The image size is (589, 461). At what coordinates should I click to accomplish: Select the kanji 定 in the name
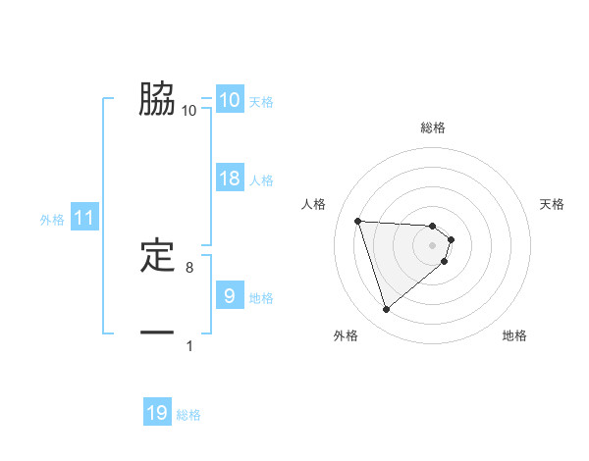pos(157,255)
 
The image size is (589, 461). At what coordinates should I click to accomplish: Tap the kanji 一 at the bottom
pos(157,333)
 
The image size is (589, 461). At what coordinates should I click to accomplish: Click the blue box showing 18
pos(230,179)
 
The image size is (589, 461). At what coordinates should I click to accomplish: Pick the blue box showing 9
pos(230,295)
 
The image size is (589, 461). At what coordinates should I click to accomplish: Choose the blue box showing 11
pos(84,218)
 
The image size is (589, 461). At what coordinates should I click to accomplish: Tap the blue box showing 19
pos(157,413)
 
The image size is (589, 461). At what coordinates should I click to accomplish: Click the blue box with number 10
pos(230,99)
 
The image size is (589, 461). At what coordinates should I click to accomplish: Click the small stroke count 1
pos(189,345)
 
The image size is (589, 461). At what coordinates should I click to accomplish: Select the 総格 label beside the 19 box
pos(189,415)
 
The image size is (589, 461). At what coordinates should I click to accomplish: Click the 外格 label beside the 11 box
pos(52,220)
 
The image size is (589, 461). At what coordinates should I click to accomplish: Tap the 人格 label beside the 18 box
pos(261,180)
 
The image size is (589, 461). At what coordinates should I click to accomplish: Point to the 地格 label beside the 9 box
pos(261,297)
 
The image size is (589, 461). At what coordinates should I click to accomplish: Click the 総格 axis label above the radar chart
pos(433,128)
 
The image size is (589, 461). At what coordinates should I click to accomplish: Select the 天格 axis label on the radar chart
pos(553,204)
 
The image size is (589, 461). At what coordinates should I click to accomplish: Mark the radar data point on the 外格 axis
pos(387,310)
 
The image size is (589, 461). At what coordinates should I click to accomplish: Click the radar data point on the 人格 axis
pos(358,221)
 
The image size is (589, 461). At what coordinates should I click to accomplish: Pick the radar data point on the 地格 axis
pos(445,261)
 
